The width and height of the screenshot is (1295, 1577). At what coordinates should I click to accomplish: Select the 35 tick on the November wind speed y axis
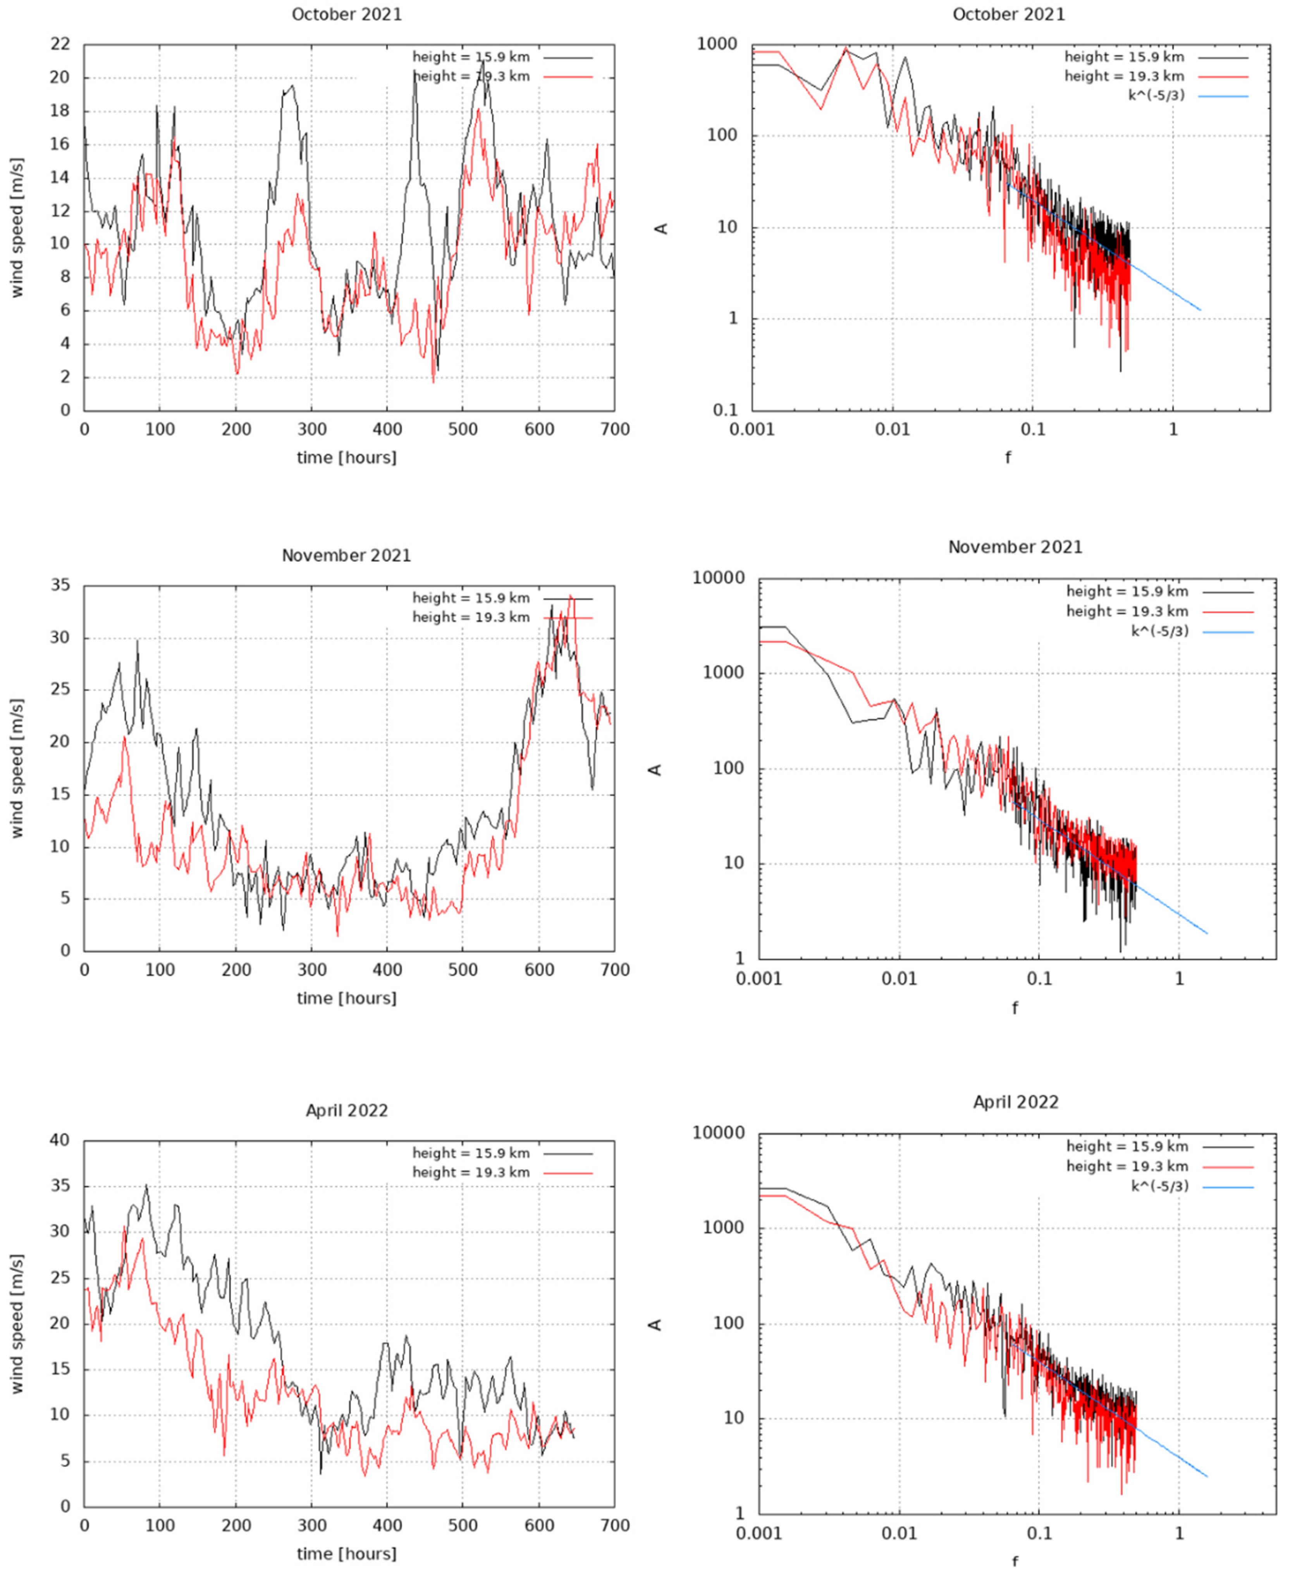60,585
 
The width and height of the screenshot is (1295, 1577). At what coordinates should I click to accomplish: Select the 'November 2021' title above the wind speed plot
346,555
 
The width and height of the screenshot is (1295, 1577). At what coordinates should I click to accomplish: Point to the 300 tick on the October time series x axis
312,429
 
